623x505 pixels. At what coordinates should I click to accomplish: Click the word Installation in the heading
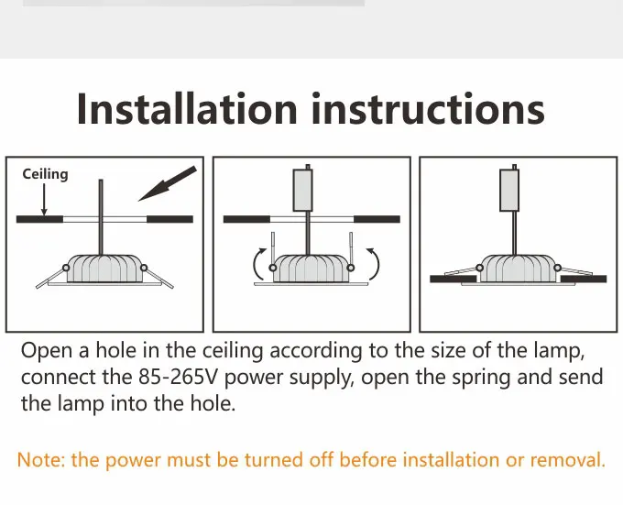point(187,108)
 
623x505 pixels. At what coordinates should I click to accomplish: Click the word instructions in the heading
point(429,108)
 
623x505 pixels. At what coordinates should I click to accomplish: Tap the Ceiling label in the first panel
point(45,174)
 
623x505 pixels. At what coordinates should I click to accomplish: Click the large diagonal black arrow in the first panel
point(168,183)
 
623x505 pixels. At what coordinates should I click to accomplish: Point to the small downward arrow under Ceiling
point(44,200)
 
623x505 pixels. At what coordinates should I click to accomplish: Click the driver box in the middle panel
point(302,190)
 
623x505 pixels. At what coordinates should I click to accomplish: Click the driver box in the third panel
point(509,190)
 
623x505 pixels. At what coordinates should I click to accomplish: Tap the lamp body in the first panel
point(104,269)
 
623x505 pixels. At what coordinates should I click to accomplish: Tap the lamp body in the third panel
point(519,269)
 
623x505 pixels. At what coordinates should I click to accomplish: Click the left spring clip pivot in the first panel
point(66,268)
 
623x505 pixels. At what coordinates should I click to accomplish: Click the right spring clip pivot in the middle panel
point(350,268)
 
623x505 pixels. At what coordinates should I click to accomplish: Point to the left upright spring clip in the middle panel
point(273,248)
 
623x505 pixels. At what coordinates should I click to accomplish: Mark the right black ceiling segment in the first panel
point(170,219)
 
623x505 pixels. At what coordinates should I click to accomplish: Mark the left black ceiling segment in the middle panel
point(246,219)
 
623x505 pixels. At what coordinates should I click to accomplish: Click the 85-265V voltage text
point(179,377)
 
